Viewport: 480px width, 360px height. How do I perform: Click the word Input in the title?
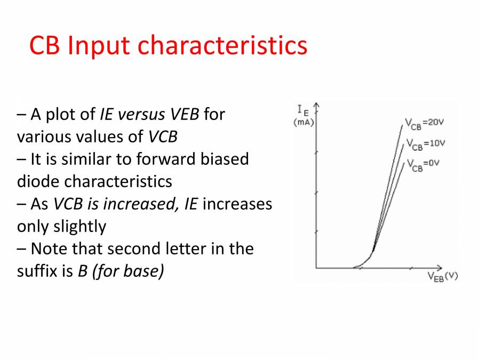pyautogui.click(x=98, y=45)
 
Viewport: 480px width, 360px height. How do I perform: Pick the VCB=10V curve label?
pyautogui.click(x=426, y=143)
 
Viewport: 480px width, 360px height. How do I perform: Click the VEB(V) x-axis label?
pyautogui.click(x=442, y=276)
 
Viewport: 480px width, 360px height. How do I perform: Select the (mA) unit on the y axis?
pyautogui.click(x=303, y=123)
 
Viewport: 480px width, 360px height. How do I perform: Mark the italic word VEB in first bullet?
pyautogui.click(x=185, y=114)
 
